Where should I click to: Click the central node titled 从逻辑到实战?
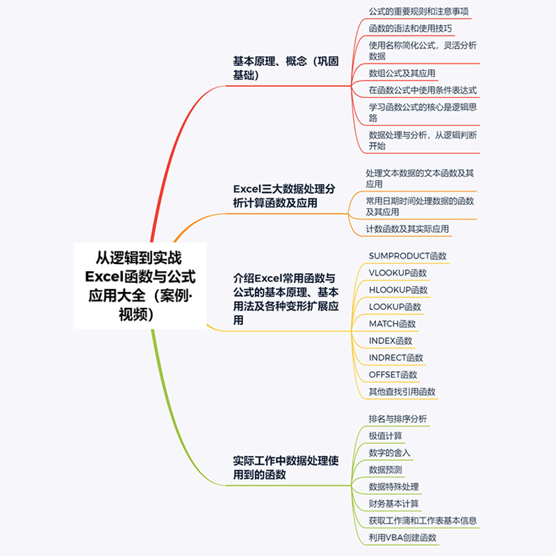(x=140, y=286)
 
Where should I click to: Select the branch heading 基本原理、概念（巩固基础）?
(x=286, y=68)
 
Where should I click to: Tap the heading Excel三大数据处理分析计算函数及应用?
(x=286, y=196)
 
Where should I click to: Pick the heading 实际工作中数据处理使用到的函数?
(x=286, y=468)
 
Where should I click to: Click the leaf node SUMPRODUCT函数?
(x=408, y=256)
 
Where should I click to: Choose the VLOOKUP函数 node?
(x=398, y=273)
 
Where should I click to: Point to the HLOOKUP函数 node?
(x=399, y=290)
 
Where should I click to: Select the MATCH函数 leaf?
(x=393, y=324)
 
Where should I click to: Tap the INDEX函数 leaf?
(x=391, y=341)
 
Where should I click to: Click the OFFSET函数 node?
(x=393, y=375)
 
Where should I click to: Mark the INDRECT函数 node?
(x=396, y=358)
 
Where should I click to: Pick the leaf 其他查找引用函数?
(x=402, y=392)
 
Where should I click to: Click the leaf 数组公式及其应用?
(x=402, y=73)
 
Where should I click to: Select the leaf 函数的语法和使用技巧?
(x=411, y=28)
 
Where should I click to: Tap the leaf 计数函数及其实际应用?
(x=407, y=229)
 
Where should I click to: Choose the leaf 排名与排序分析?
(x=398, y=419)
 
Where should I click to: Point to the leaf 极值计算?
(x=386, y=436)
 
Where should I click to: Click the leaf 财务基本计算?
(x=394, y=503)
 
